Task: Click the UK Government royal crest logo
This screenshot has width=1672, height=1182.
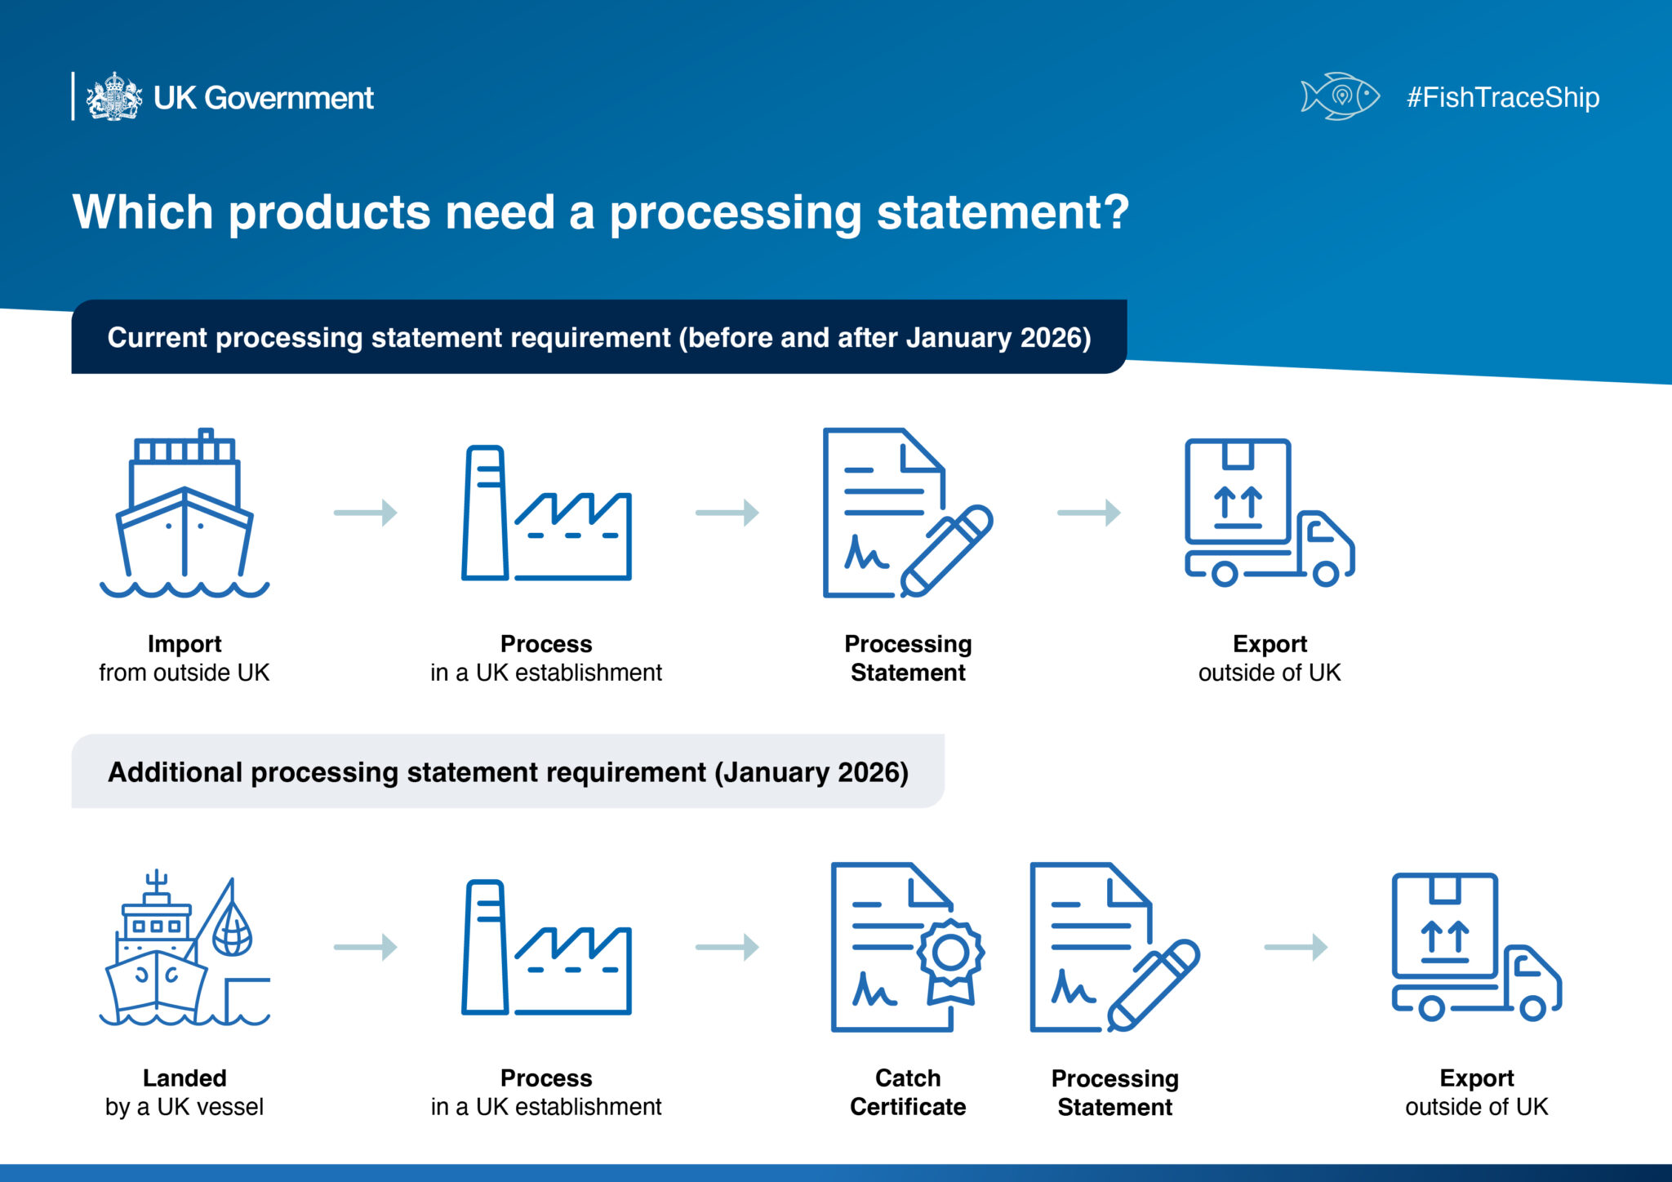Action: click(114, 97)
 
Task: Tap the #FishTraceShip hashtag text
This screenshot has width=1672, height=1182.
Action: click(1502, 97)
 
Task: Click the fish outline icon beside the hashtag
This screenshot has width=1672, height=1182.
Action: click(1339, 96)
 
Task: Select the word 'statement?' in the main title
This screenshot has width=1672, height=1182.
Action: click(1003, 212)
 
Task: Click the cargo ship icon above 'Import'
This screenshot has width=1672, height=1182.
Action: click(185, 514)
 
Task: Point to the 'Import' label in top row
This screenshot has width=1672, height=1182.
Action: click(185, 644)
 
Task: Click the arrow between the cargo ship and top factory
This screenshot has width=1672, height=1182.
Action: click(365, 513)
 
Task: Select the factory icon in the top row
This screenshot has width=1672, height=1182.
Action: click(545, 514)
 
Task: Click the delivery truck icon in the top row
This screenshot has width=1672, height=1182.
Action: click(1270, 514)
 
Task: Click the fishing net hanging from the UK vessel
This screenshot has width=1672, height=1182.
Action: click(232, 931)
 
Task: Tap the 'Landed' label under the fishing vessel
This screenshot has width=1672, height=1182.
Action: click(185, 1078)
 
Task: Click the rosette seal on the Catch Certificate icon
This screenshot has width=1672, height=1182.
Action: click(950, 953)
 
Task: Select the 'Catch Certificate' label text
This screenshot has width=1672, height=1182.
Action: click(908, 1092)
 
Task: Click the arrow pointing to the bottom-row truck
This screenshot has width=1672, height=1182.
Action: click(1296, 947)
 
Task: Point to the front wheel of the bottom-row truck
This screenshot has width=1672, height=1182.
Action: click(1532, 1008)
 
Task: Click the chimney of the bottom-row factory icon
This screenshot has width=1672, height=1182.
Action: click(485, 947)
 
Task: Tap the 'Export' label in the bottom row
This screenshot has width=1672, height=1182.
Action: click(1476, 1078)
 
